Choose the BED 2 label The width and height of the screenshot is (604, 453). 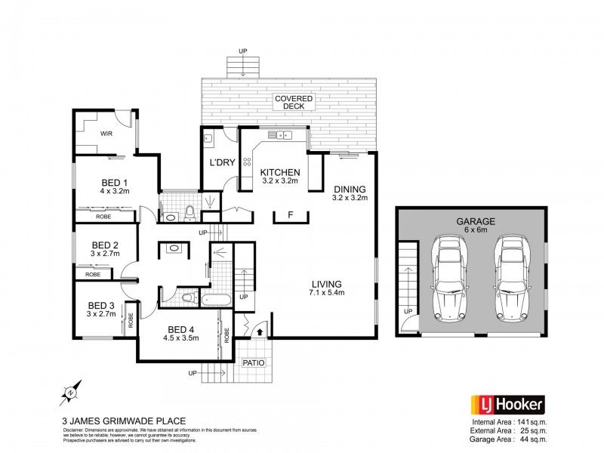105,245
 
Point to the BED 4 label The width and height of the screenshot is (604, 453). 183,329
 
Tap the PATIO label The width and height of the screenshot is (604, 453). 254,362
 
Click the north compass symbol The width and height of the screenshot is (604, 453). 67,393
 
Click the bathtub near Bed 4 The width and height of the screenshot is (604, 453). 217,300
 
